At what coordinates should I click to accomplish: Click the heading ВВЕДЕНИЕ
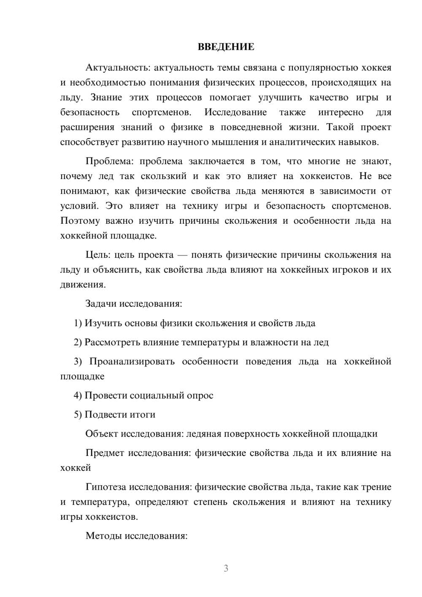[226, 47]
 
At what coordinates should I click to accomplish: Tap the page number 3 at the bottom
[226, 568]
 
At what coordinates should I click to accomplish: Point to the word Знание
[106, 98]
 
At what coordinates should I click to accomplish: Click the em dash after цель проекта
[182, 255]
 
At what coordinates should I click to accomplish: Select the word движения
[82, 285]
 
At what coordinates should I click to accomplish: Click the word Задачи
[101, 304]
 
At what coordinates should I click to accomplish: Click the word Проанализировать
[132, 362]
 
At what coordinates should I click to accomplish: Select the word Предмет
[105, 453]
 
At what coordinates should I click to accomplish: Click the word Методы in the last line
[103, 536]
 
